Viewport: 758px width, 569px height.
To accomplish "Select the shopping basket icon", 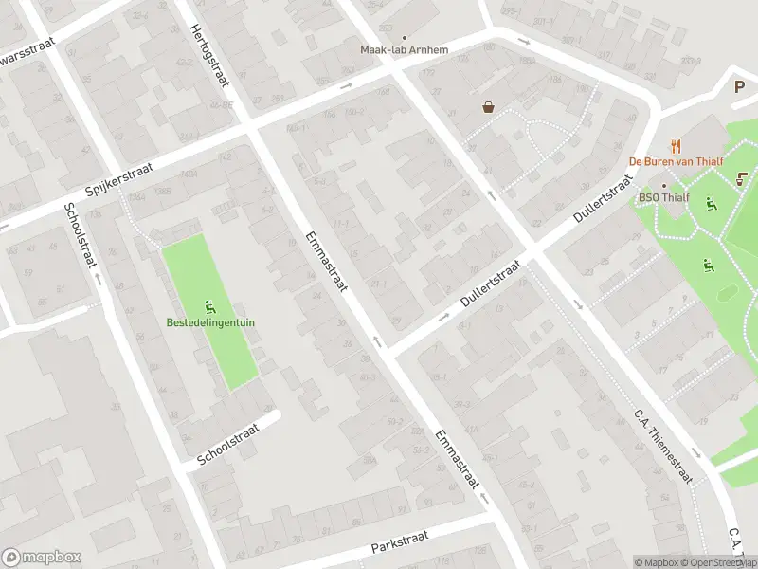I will [x=488, y=107].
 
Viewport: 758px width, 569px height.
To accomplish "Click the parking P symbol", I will [x=740, y=86].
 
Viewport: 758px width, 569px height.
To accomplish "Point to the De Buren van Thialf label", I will [x=677, y=161].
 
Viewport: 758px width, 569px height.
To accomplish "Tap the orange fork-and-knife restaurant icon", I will [x=676, y=146].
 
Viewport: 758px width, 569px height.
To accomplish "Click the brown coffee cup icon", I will [x=740, y=176].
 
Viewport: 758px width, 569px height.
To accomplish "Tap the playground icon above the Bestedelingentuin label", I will [x=209, y=306].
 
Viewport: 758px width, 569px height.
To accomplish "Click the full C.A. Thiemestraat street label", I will [x=663, y=447].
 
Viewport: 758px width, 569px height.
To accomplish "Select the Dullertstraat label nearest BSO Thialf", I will [x=603, y=203].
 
